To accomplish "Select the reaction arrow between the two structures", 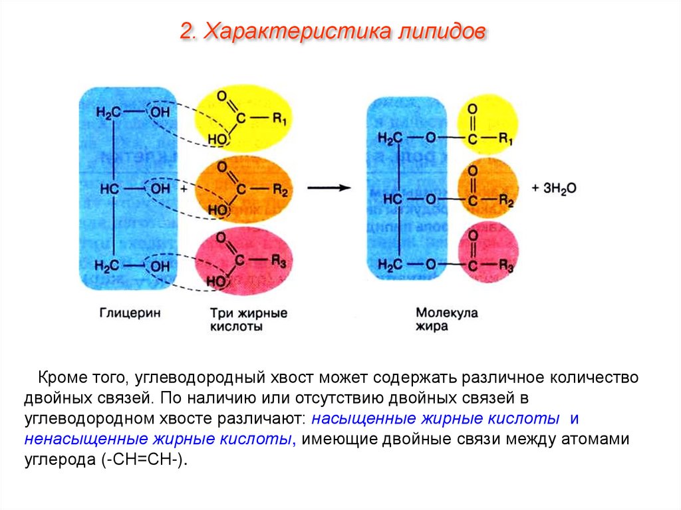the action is pyautogui.click(x=329, y=188).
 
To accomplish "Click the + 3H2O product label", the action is pyautogui.click(x=554, y=188).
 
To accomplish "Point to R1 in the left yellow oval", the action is pyautogui.click(x=279, y=120).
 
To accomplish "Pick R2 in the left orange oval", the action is pyautogui.click(x=279, y=191).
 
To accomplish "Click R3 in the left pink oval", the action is pyautogui.click(x=279, y=263).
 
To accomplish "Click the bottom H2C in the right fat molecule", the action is pyautogui.click(x=390, y=265).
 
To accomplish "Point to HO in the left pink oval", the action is pyautogui.click(x=216, y=282).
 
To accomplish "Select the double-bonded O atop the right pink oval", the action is pyautogui.click(x=472, y=233).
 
